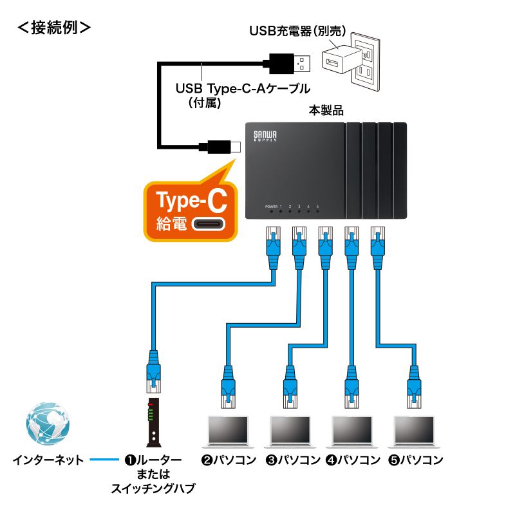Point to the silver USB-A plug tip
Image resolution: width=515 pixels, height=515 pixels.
(304, 63)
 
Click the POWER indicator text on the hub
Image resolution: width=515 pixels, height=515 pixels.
(271, 206)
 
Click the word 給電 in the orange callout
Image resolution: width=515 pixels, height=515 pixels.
(170, 224)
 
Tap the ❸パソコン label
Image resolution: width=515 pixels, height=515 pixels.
(293, 460)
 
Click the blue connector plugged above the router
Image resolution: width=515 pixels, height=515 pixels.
(153, 370)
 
